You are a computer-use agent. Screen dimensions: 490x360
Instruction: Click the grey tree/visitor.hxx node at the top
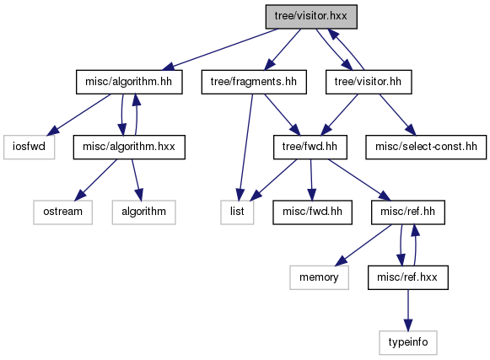[311, 17]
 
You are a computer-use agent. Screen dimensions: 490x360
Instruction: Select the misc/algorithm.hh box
[129, 82]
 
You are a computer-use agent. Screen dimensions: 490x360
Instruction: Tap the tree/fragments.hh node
[254, 82]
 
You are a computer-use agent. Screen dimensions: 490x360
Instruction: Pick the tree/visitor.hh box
[369, 82]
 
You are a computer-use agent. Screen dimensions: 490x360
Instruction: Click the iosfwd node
[29, 147]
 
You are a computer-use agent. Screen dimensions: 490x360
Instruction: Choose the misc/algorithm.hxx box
[129, 147]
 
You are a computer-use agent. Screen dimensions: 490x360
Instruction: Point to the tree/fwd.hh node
[310, 147]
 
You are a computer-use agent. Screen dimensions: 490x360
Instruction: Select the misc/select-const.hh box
[426, 147]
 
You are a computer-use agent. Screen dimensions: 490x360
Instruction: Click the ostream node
[62, 212]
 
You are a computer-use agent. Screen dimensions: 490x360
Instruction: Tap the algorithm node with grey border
[143, 212]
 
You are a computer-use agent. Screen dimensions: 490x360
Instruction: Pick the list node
[237, 212]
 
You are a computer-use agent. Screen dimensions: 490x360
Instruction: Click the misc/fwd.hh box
[312, 212]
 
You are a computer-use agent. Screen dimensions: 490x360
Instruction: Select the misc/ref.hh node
[408, 212]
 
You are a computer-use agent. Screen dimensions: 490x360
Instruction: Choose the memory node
[319, 277]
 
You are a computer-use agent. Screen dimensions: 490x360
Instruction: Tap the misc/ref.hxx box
[408, 277]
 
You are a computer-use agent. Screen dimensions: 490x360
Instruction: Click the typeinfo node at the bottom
[408, 343]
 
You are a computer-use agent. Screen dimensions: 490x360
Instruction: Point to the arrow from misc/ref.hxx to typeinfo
[408, 310]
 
